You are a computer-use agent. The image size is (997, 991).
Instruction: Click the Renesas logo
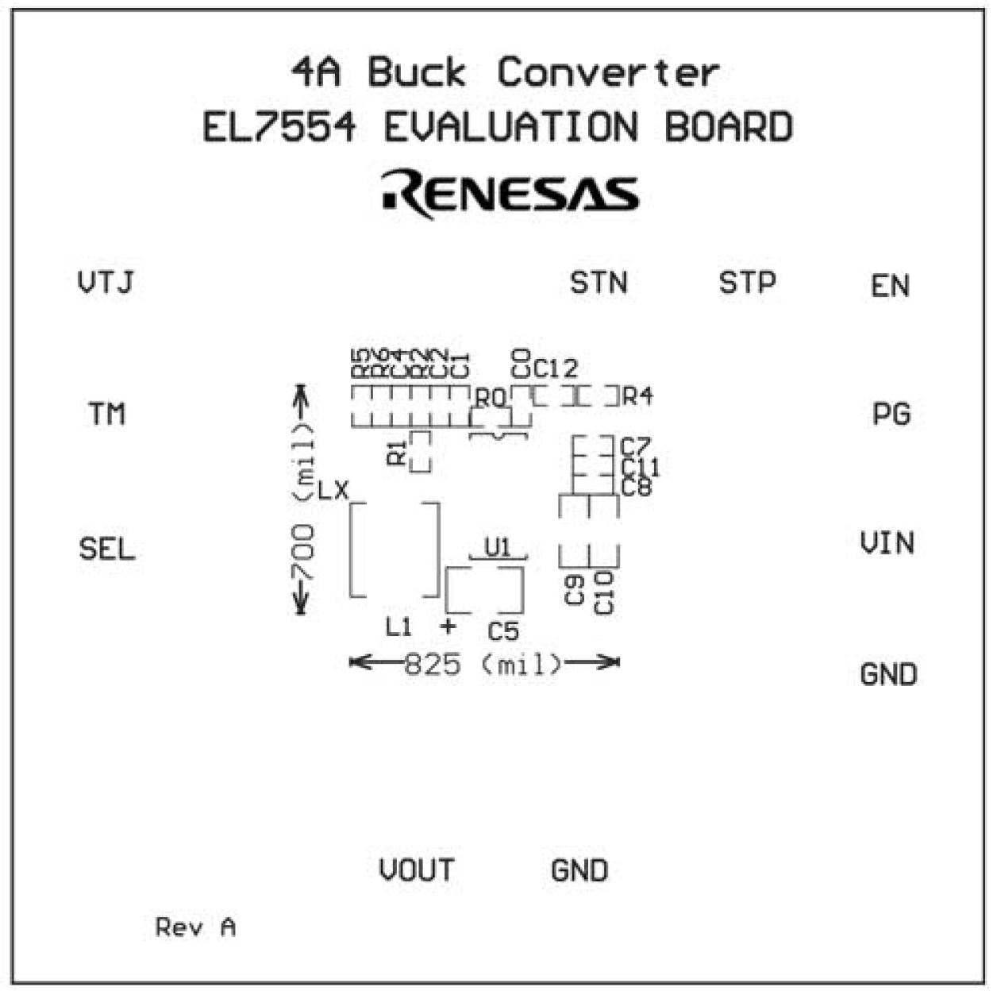point(510,194)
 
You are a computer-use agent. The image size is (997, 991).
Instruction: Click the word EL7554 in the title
point(279,128)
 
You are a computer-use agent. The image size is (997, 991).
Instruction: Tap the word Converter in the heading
point(608,73)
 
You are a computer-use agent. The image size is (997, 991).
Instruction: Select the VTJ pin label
point(106,283)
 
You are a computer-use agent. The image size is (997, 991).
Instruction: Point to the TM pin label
point(106,414)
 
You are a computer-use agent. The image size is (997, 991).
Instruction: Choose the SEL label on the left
point(107,549)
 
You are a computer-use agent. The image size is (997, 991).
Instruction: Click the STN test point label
point(599,283)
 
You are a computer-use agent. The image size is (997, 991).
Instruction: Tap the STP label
point(747,283)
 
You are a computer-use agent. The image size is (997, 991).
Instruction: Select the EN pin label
point(890,286)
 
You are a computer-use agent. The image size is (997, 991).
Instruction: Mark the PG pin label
point(891,414)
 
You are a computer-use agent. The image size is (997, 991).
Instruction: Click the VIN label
point(887,544)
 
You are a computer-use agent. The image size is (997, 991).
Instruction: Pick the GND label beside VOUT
point(579,870)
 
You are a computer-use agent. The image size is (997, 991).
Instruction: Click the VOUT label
point(417,870)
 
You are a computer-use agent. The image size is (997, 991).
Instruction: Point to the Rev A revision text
point(195,927)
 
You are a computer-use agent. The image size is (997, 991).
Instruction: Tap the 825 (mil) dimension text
point(483,663)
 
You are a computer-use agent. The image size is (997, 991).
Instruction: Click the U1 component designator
point(498,547)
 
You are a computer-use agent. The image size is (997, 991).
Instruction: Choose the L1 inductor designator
point(398,627)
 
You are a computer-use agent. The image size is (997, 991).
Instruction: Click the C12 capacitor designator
point(555,368)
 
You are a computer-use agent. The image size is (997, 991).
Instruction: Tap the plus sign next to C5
point(448,626)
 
